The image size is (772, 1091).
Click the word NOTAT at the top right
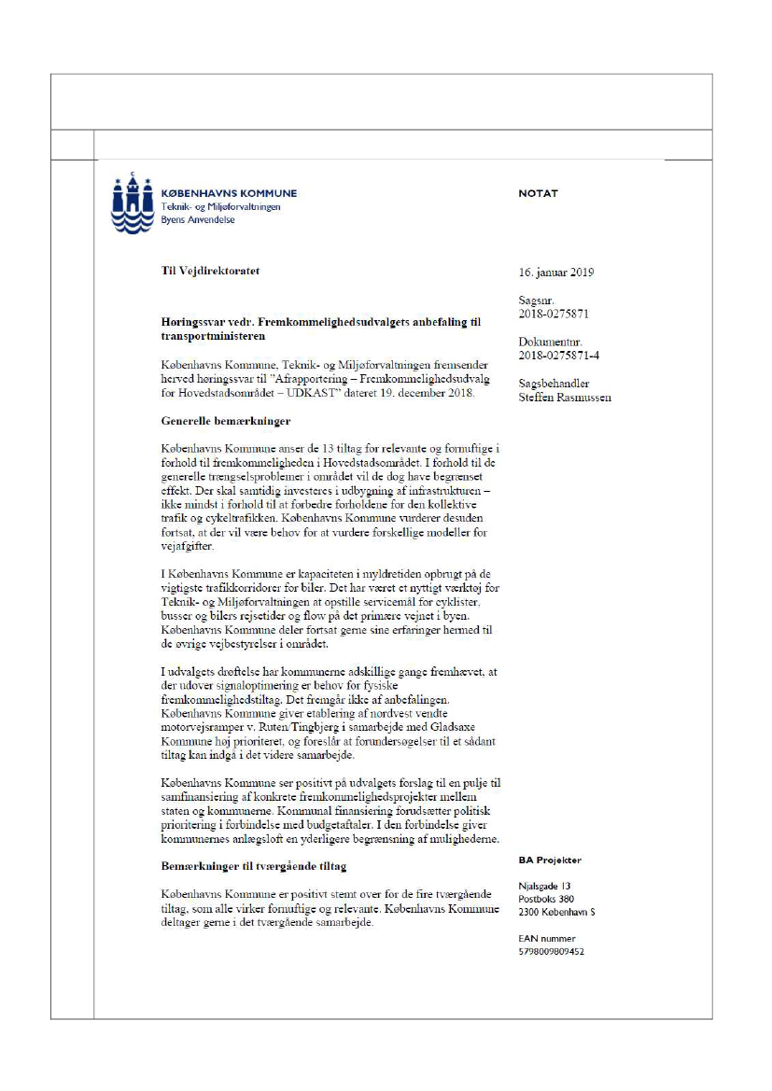(538, 194)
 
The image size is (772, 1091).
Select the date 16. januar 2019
(556, 273)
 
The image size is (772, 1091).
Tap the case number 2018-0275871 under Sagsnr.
(554, 315)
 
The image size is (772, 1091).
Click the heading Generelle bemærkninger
(225, 421)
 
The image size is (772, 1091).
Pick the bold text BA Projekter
(550, 860)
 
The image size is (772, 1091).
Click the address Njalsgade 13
(546, 886)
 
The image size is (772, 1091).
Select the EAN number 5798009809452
(552, 952)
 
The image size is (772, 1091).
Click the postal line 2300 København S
(556, 912)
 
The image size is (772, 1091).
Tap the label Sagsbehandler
(554, 384)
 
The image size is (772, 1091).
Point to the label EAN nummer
(546, 939)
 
